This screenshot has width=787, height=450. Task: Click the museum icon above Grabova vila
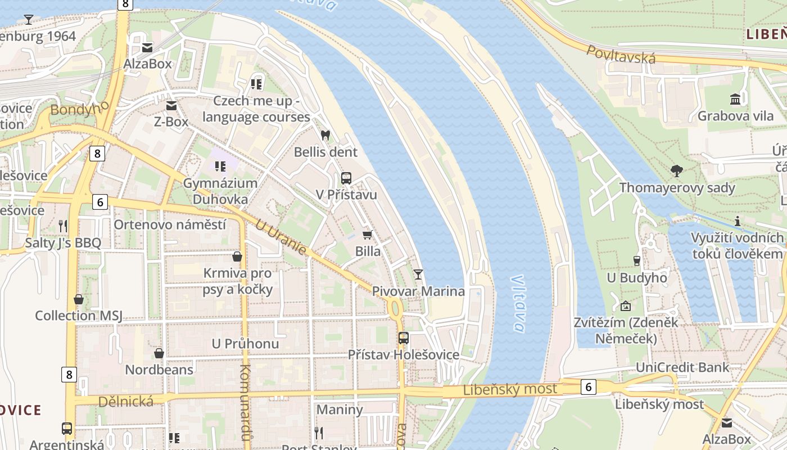pos(735,100)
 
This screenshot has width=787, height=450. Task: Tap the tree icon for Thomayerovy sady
pos(677,170)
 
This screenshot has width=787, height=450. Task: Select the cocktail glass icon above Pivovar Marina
pos(418,274)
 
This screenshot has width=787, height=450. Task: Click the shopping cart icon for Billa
pos(368,235)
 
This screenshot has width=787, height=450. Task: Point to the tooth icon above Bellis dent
pos(325,136)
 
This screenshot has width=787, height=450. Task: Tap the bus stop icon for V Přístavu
pos(346,178)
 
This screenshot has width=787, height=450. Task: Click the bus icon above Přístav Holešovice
pos(404,338)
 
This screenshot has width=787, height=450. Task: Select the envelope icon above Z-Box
pos(171,105)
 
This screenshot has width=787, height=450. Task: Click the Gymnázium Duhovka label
pos(220,191)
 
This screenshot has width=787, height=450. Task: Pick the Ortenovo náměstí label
pos(170,224)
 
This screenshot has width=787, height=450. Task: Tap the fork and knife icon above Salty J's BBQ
pos(63,226)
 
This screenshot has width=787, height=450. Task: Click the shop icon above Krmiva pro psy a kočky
pos(237,257)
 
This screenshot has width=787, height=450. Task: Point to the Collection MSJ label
pos(79,316)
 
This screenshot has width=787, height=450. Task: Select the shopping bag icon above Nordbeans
pos(159,353)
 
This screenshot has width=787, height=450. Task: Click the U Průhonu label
pos(245,343)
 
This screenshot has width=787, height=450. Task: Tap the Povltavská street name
pos(621,54)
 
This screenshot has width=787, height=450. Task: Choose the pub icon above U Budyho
pos(637,260)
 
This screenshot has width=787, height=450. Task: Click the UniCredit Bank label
pos(682,367)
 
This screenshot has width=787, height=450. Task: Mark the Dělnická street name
pos(126,401)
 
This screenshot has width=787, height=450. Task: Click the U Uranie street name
pos(281,237)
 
